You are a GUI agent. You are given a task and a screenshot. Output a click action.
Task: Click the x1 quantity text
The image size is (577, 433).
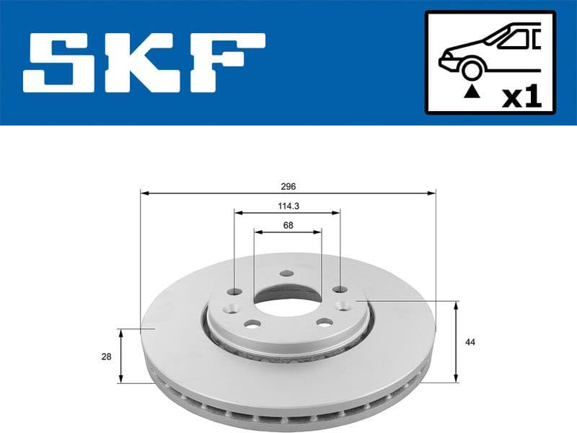pos(521,96)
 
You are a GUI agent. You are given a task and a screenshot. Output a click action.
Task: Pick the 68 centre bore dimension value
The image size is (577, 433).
pos(288,224)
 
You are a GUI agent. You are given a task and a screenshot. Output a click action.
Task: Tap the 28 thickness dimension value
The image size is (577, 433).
pos(106,355)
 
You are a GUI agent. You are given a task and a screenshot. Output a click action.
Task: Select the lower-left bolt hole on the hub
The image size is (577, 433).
pos(252,323)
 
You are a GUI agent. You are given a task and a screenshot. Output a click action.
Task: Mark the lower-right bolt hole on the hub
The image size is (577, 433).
pos(325,321)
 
